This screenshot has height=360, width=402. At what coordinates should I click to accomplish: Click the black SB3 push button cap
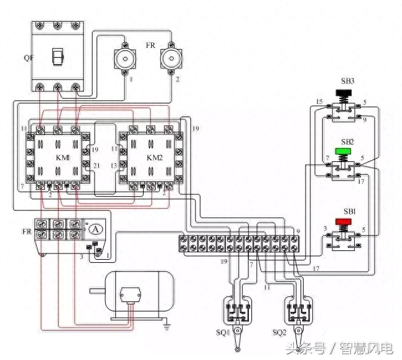pyautogui.click(x=343, y=93)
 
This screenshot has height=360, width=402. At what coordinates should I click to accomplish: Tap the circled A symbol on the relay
pyautogui.click(x=95, y=229)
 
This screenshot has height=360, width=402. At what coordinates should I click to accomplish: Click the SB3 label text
pyautogui.click(x=348, y=81)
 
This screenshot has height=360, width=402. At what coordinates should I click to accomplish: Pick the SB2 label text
pyautogui.click(x=347, y=142)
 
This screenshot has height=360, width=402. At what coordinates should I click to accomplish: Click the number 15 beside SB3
pyautogui.click(x=319, y=102)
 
